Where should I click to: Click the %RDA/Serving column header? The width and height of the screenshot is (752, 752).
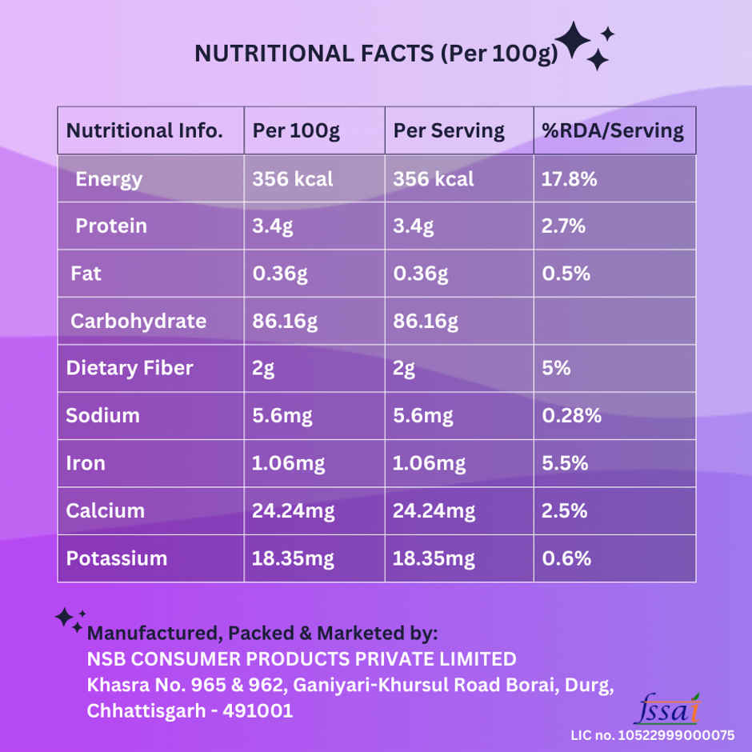(613, 131)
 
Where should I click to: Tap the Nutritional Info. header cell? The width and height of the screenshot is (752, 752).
(144, 131)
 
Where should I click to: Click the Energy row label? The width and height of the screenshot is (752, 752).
(109, 179)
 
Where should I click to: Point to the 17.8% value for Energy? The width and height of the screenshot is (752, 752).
(570, 179)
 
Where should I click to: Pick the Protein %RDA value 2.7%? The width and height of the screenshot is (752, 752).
(563, 226)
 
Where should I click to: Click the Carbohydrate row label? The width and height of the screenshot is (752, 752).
(138, 322)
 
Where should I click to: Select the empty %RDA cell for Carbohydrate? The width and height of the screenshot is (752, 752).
(614, 322)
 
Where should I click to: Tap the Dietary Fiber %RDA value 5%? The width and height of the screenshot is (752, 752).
(556, 368)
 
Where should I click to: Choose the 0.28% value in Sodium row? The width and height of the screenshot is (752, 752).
(572, 416)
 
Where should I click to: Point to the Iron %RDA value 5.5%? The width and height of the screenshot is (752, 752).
(565, 463)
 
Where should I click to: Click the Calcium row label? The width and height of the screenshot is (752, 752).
(106, 510)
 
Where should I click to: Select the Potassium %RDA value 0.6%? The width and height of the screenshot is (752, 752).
(566, 558)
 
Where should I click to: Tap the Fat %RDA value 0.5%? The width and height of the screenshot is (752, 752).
(566, 274)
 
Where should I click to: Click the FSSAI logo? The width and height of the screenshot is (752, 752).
(666, 709)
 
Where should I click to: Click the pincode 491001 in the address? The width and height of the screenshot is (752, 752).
(262, 710)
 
